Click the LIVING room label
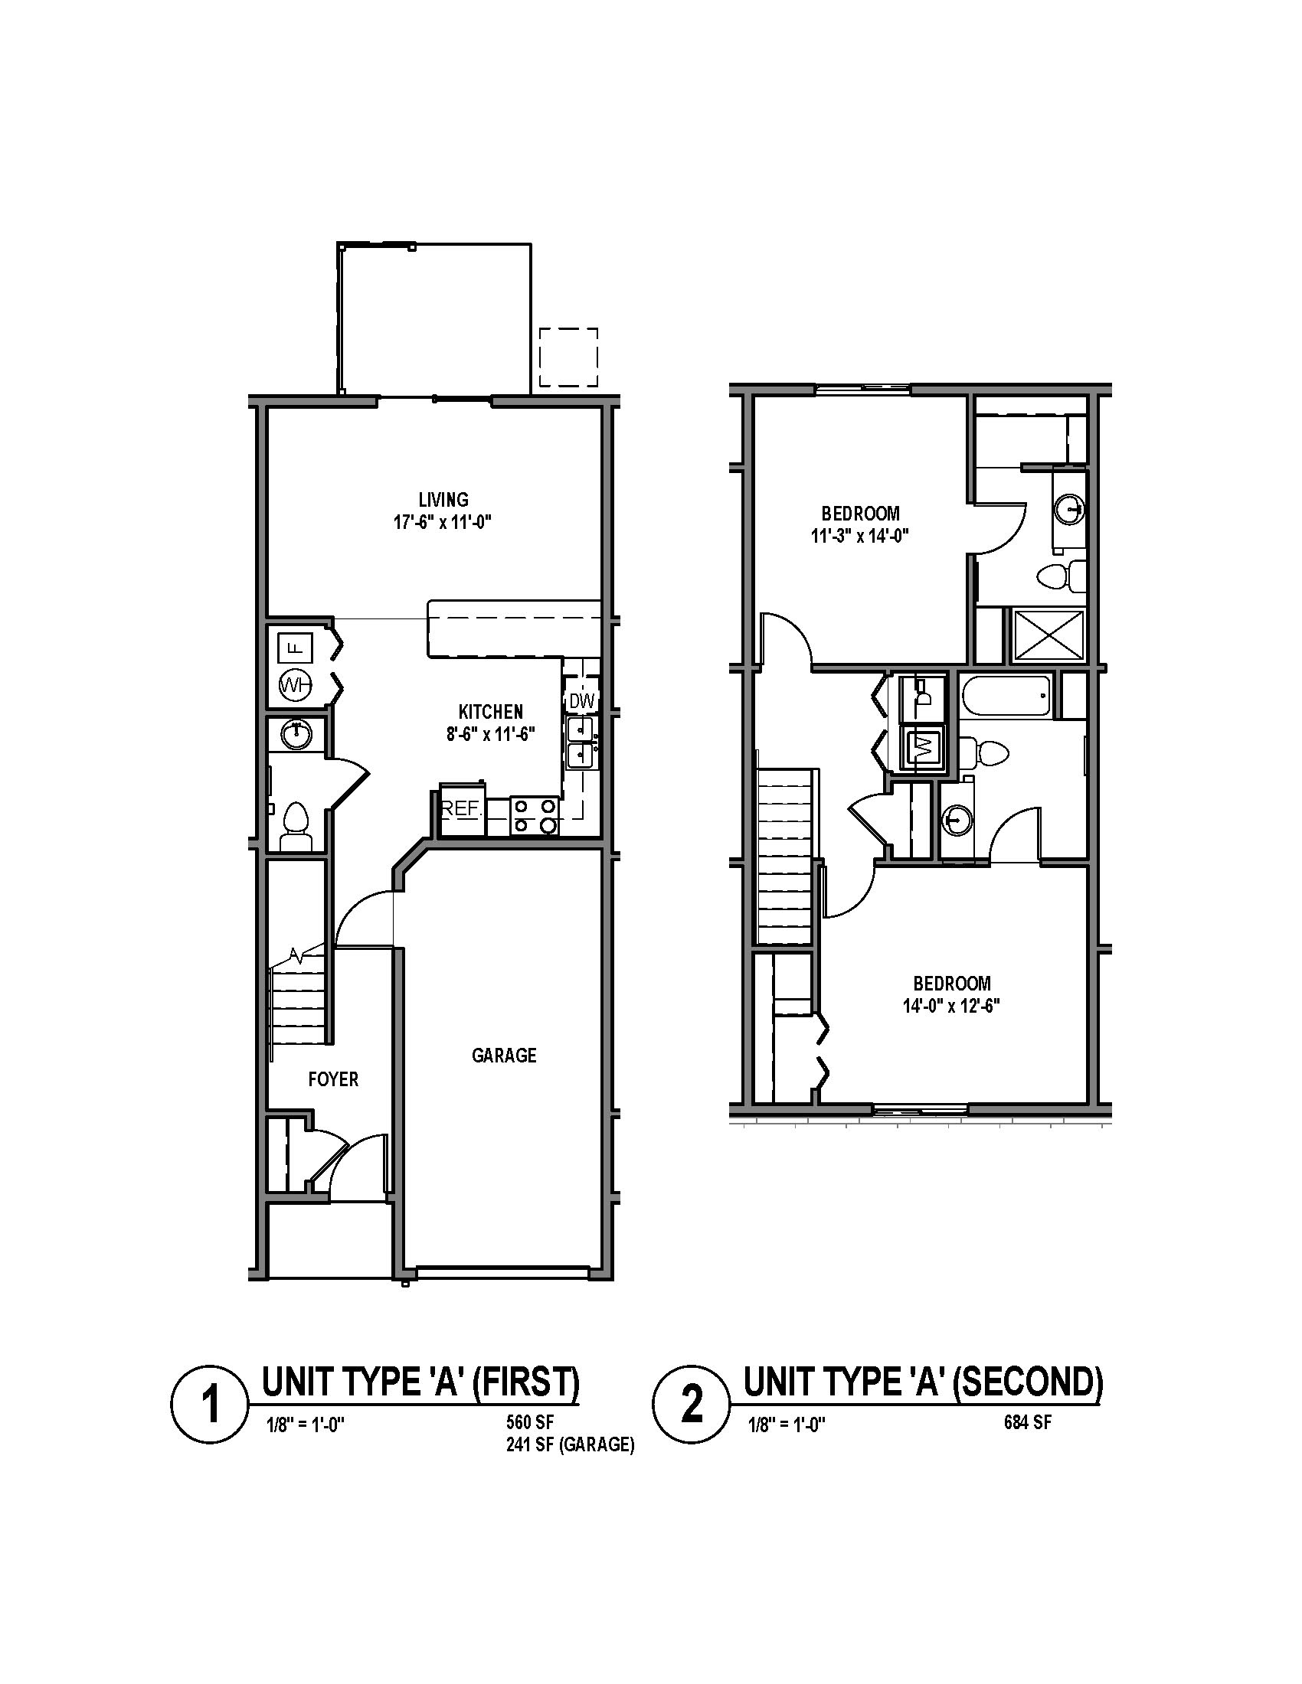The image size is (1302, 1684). [x=443, y=500]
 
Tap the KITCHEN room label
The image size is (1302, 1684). [x=491, y=711]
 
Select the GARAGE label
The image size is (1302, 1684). [x=504, y=1055]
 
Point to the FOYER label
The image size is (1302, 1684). [x=333, y=1079]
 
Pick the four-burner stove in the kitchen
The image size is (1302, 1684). [x=535, y=816]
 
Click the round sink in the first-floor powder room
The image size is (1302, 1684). [x=296, y=734]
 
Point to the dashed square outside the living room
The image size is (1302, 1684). [x=568, y=357]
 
